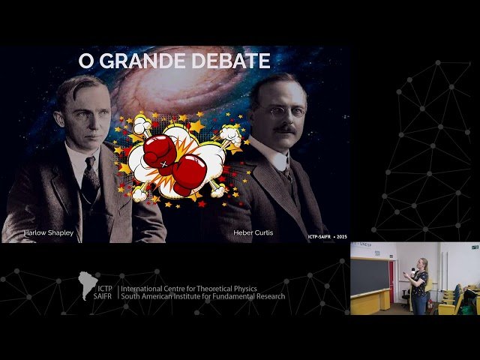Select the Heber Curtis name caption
[x=253, y=232]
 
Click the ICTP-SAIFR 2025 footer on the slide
[x=327, y=237]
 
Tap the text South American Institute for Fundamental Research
[x=202, y=296]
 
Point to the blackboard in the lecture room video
[x=370, y=276]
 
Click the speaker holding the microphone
[x=419, y=285]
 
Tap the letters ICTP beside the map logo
[x=106, y=288]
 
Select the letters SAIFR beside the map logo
[x=106, y=297]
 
